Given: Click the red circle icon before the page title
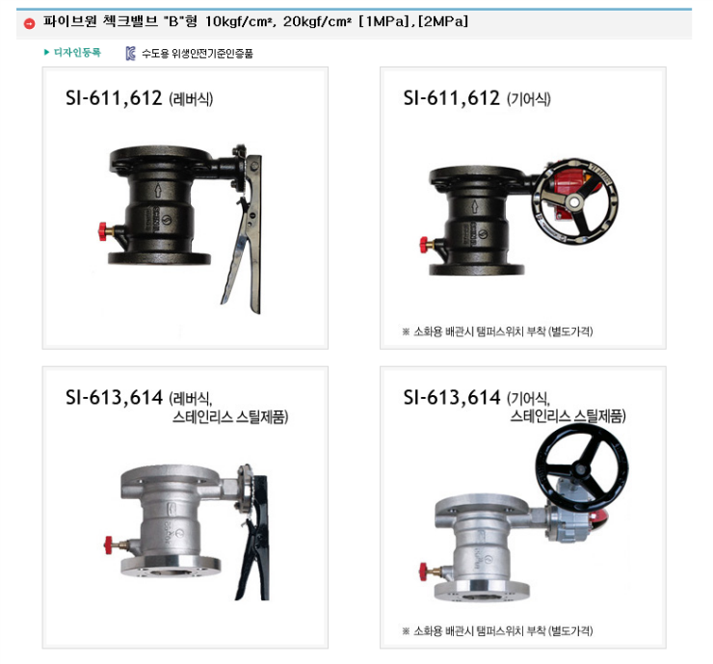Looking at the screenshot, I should [30, 23].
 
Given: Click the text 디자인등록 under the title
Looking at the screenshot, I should [78, 53].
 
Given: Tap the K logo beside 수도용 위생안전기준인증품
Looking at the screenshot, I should [130, 54].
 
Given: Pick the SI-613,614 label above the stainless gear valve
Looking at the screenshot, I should [452, 397].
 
